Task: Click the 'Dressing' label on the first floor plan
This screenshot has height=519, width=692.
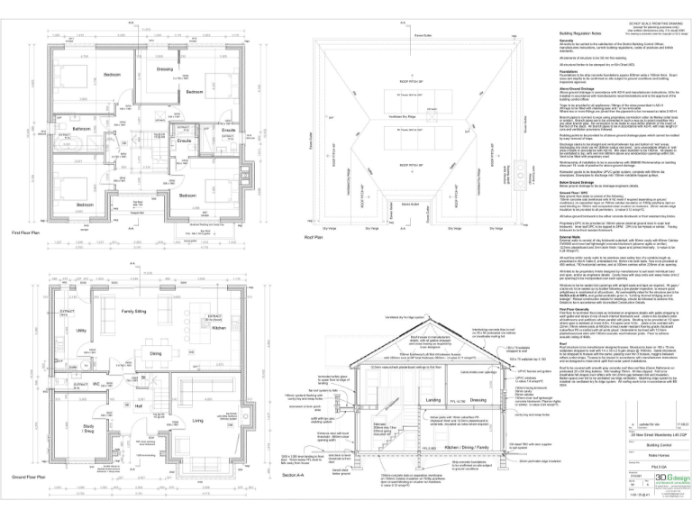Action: (164, 68)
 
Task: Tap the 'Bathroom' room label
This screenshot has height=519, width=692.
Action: (82, 130)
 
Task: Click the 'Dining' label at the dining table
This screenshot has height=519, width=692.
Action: (156, 354)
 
